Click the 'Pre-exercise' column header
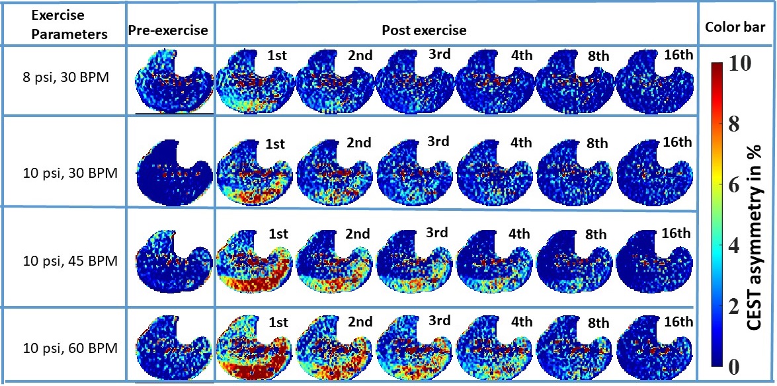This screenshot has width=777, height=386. [x=168, y=30]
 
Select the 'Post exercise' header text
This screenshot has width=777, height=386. [x=424, y=30]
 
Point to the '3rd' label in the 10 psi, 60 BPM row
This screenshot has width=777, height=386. [x=437, y=321]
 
